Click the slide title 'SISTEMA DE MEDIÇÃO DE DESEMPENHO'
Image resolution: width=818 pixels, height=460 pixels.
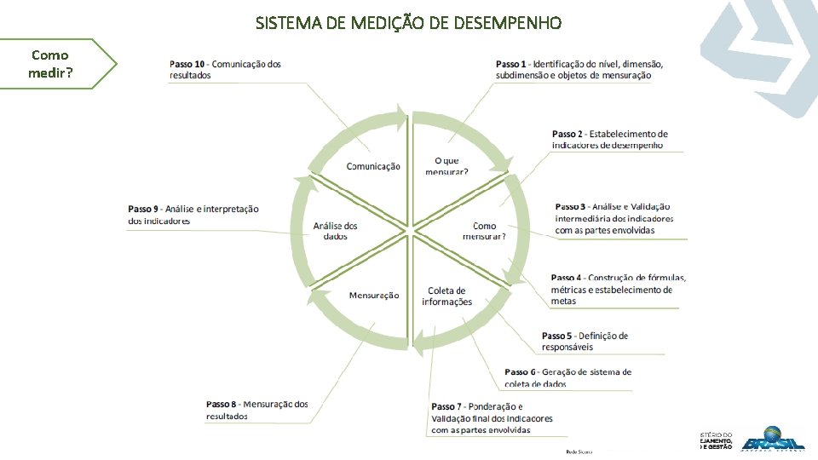click(408, 23)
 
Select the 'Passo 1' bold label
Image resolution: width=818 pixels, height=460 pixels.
click(512, 64)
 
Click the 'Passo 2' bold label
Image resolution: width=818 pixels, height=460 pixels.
click(567, 134)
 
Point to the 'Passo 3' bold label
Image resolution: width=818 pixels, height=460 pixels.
click(570, 207)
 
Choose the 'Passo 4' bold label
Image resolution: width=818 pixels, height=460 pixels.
click(567, 278)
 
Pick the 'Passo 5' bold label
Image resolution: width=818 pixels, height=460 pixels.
click(557, 336)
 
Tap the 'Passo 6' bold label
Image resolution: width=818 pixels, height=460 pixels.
click(520, 372)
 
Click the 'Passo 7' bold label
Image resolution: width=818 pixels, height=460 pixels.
click(446, 406)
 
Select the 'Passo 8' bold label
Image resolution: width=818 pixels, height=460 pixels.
click(222, 404)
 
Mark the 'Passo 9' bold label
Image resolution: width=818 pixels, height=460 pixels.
click(143, 209)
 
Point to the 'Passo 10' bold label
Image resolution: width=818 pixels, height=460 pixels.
click(187, 64)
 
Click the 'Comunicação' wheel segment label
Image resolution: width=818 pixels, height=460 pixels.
click(373, 166)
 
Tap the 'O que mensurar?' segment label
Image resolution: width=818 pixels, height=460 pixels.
click(446, 166)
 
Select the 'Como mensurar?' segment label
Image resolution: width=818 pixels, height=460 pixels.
click(484, 231)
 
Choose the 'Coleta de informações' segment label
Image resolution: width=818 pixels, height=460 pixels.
click(446, 296)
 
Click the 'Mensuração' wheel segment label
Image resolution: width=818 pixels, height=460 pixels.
click(374, 296)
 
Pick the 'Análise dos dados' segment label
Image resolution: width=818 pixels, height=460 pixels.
click(336, 231)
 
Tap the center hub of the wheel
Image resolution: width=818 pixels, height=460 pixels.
click(411, 230)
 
